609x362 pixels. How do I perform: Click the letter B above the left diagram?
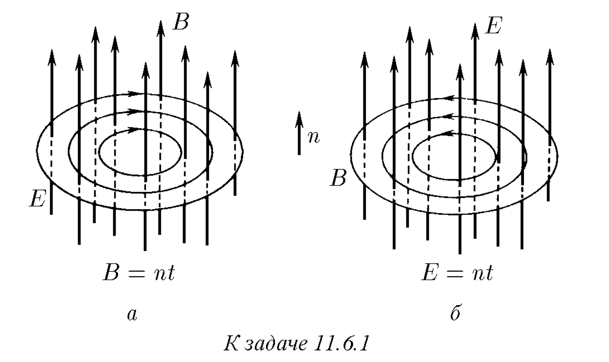181,22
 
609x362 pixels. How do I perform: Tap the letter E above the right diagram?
493,25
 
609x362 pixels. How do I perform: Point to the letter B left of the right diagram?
338,178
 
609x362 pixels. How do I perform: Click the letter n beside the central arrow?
314,137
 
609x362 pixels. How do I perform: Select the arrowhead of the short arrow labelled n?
299,119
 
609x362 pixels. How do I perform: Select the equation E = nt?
457,273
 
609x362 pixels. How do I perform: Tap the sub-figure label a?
132,315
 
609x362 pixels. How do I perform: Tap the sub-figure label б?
455,313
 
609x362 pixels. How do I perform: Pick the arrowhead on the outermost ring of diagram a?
134,94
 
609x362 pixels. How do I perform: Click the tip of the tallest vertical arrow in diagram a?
161,21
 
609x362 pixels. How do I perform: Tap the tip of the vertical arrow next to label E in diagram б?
475,24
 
